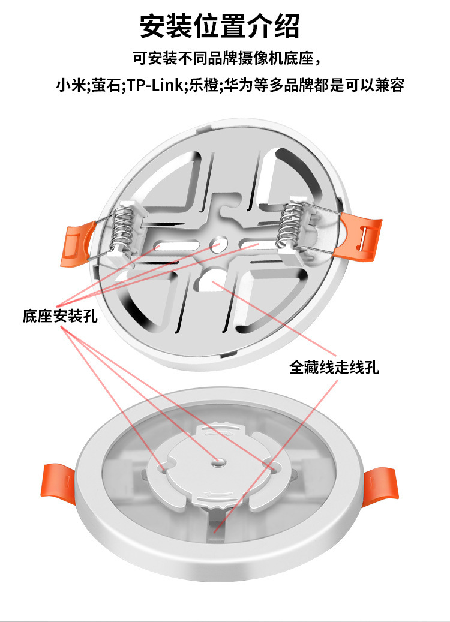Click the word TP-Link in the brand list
(155, 85)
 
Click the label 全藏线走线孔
(334, 366)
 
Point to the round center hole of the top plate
(217, 244)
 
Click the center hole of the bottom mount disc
(218, 461)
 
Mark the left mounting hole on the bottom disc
(163, 464)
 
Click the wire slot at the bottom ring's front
(214, 523)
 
